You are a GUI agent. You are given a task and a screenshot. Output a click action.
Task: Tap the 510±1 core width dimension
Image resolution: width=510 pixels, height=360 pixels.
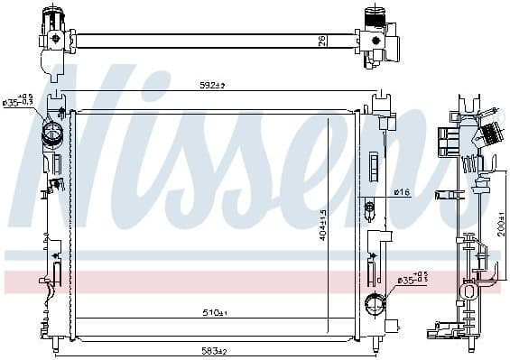[213, 313]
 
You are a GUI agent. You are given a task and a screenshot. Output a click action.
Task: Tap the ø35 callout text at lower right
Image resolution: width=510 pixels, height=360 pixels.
[407, 280]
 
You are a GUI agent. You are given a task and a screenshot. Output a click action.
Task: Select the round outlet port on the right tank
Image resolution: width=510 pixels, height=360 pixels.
[370, 302]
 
